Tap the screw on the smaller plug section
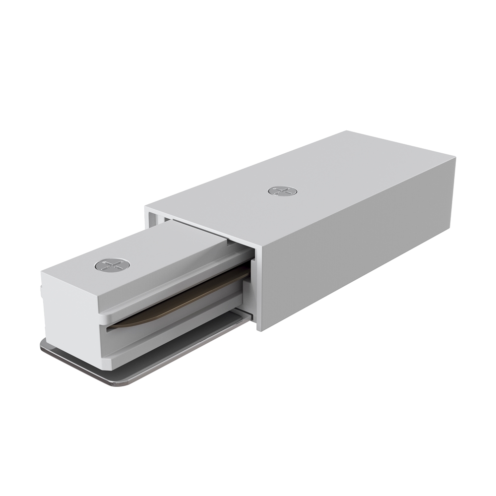click(112, 265)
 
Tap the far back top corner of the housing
click(347, 131)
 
